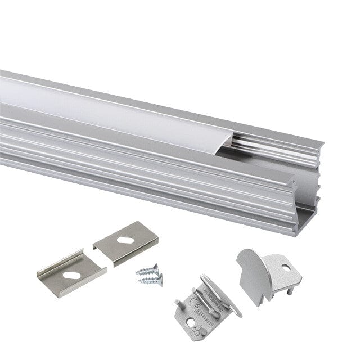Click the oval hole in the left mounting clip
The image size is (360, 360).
(71, 275)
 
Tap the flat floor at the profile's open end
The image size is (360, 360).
(307, 214)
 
